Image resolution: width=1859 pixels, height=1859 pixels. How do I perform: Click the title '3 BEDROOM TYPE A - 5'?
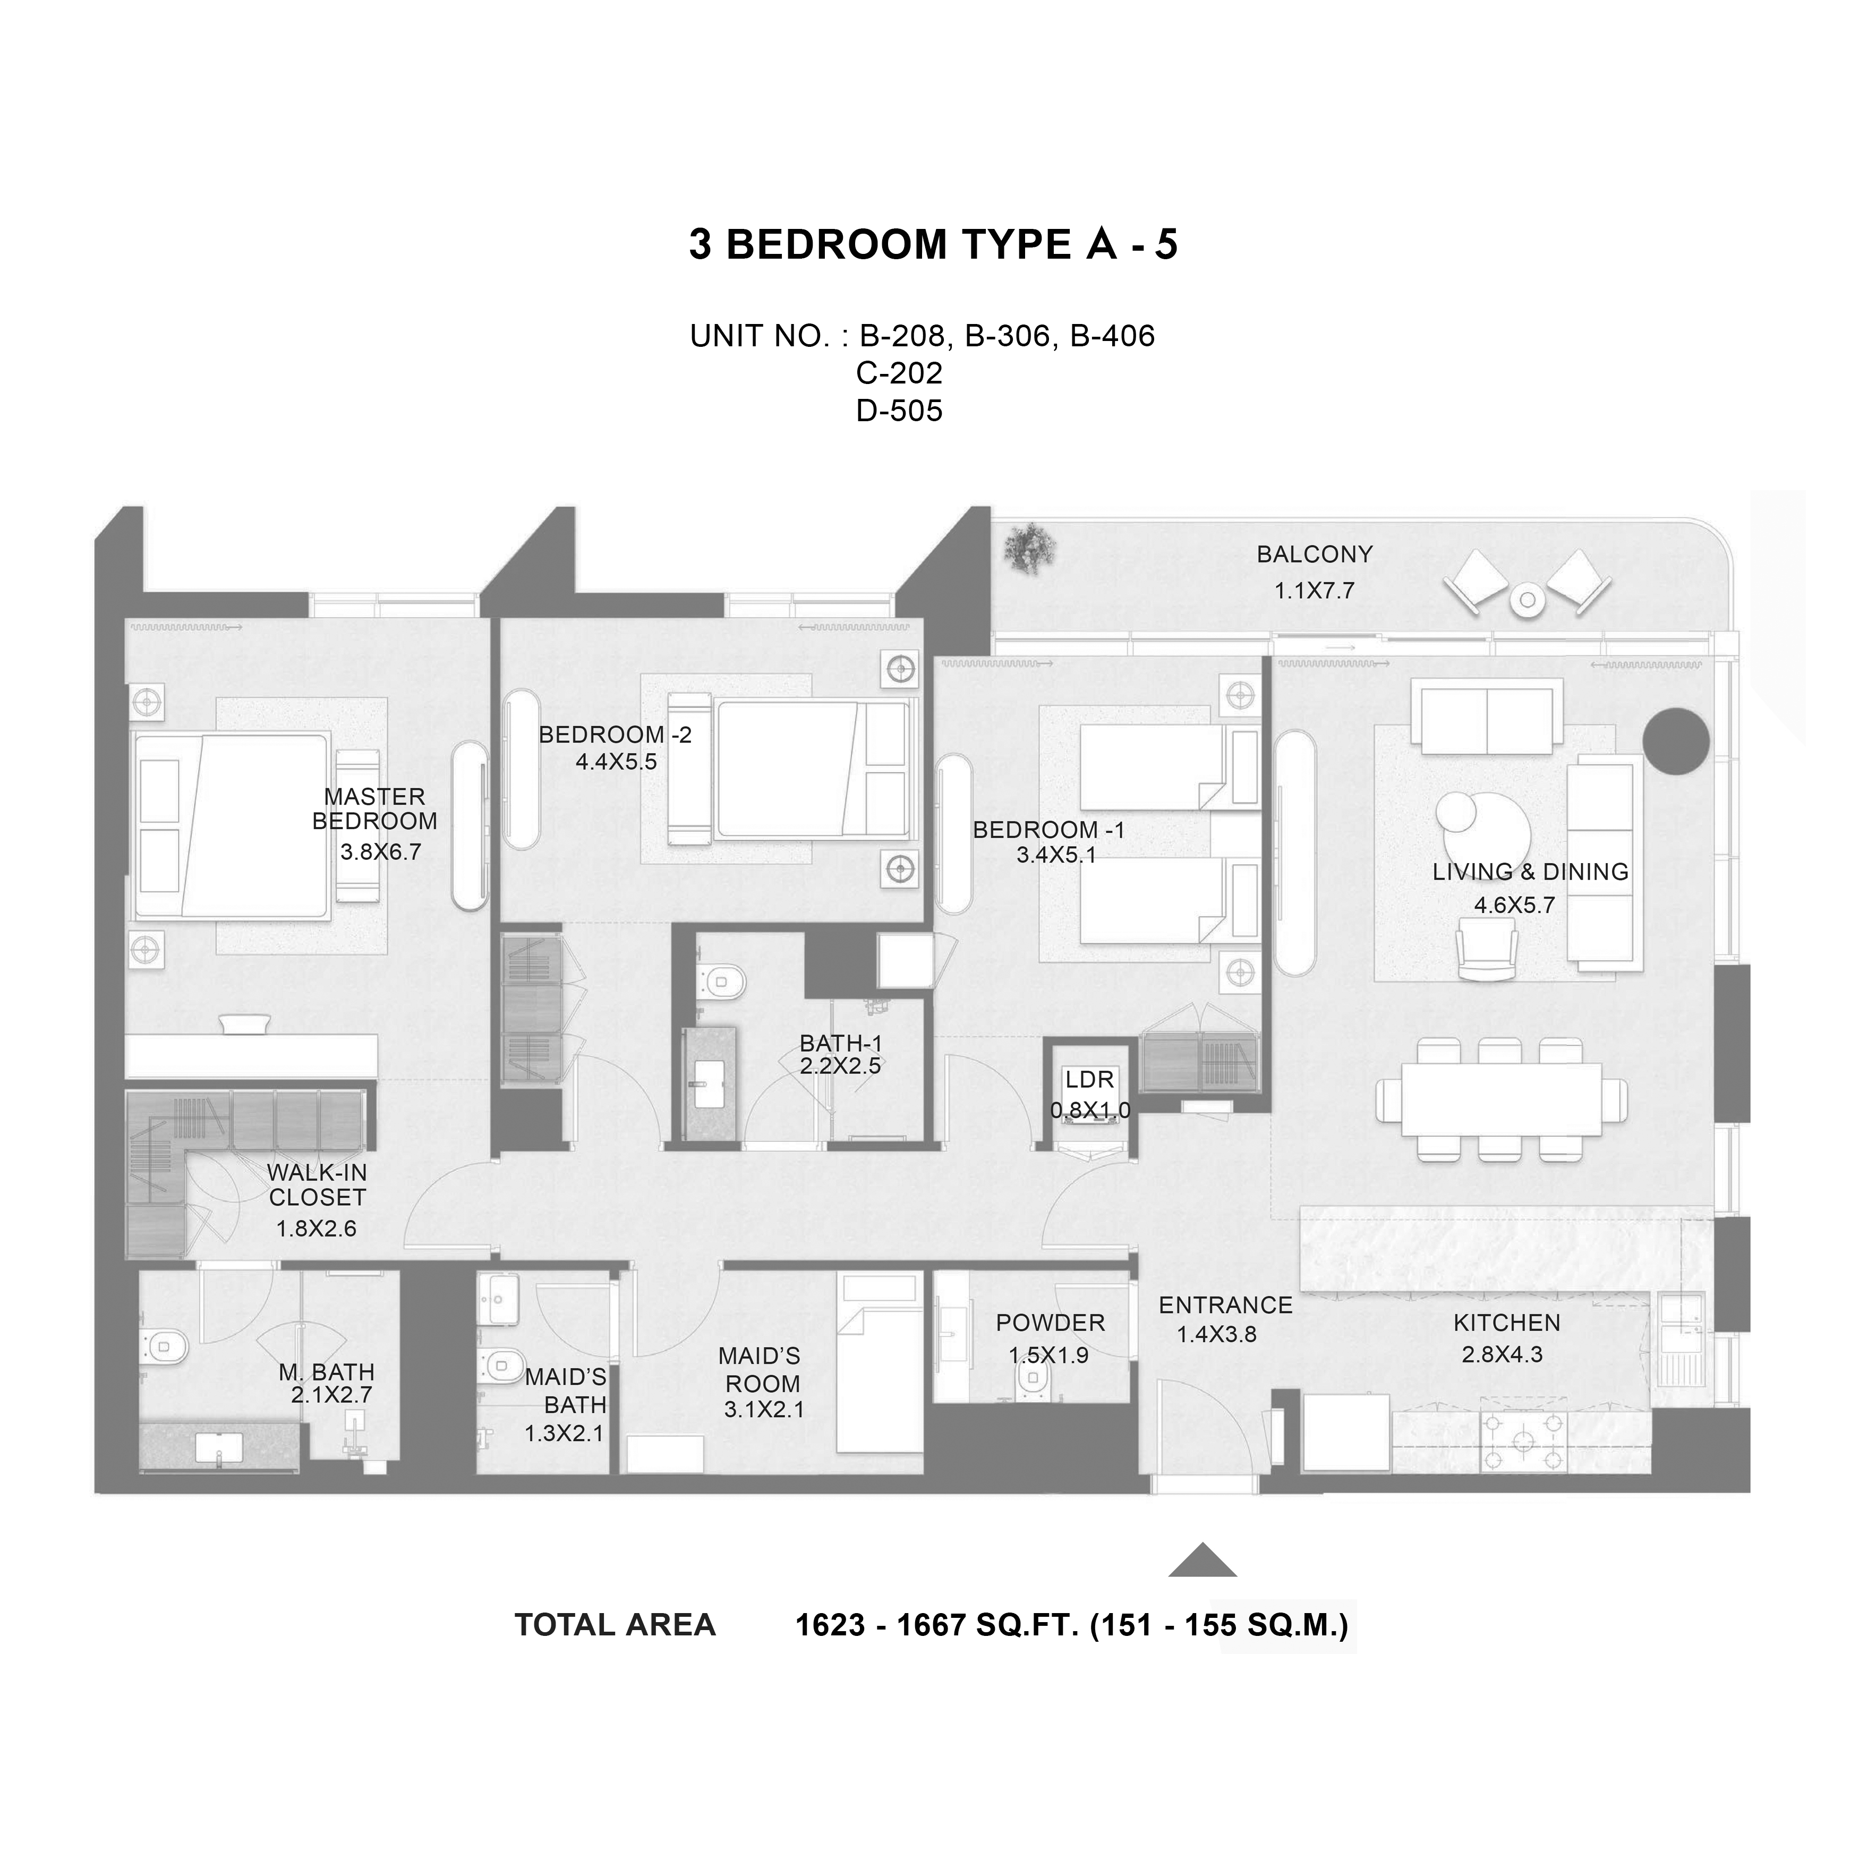click(932, 244)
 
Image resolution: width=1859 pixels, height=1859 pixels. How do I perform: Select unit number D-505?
click(899, 411)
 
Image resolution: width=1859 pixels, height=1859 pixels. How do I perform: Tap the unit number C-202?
click(899, 372)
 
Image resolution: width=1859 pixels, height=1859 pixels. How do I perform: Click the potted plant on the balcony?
click(1029, 549)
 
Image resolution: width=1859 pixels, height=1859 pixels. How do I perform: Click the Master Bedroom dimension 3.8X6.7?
click(380, 851)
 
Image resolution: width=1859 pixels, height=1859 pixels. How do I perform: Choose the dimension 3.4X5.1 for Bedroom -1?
click(1056, 855)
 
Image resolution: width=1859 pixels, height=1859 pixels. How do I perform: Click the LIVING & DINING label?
click(1530, 872)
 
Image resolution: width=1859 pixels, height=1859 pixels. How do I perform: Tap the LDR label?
click(1089, 1080)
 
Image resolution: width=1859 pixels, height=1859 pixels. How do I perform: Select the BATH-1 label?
click(840, 1043)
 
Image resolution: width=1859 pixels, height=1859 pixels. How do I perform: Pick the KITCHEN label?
click(1507, 1323)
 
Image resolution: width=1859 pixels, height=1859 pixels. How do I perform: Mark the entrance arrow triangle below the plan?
click(1203, 1560)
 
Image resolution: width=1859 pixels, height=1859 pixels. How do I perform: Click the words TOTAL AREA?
click(615, 1625)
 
